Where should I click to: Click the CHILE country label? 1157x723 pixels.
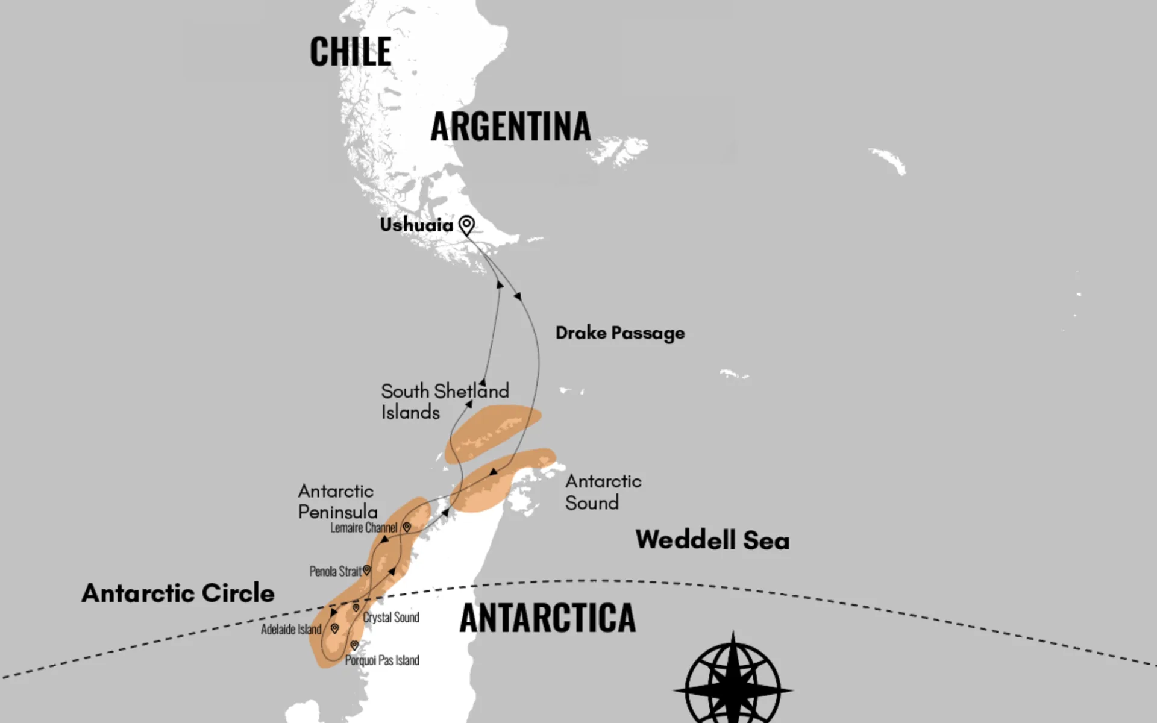pyautogui.click(x=350, y=52)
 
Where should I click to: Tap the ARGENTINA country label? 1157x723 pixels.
pyautogui.click(x=510, y=127)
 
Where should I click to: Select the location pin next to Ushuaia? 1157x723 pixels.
pyautogui.click(x=466, y=225)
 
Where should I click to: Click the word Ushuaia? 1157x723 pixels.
pyautogui.click(x=416, y=225)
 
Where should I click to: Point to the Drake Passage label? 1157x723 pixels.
pyautogui.click(x=619, y=333)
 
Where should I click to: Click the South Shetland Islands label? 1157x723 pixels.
pyautogui.click(x=444, y=401)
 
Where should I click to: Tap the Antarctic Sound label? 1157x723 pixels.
pyautogui.click(x=603, y=492)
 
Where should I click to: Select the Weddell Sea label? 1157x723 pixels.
pyautogui.click(x=712, y=540)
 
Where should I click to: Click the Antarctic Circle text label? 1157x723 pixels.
pyautogui.click(x=178, y=593)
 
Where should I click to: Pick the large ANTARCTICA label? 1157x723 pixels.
pyautogui.click(x=547, y=618)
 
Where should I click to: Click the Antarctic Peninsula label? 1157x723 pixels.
pyautogui.click(x=337, y=501)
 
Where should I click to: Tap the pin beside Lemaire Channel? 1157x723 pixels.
pyautogui.click(x=407, y=527)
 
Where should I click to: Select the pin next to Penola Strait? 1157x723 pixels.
pyautogui.click(x=366, y=570)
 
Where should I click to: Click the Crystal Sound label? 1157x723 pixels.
pyautogui.click(x=391, y=618)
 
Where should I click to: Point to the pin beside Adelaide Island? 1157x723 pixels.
pyautogui.click(x=334, y=628)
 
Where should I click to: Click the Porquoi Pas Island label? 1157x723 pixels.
pyautogui.click(x=382, y=660)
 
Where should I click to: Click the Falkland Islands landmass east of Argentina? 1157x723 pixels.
pyautogui.click(x=621, y=149)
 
